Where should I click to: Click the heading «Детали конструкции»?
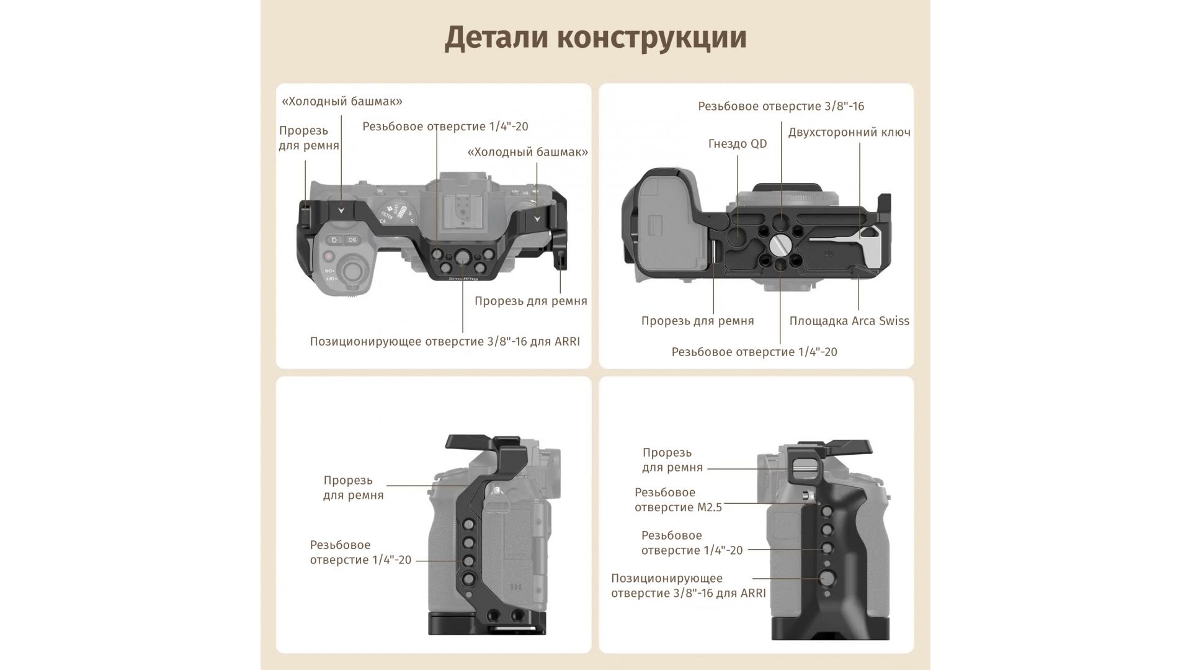pyautogui.click(x=595, y=38)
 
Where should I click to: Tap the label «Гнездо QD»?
pyautogui.click(x=738, y=144)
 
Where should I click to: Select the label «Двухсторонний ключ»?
pyautogui.click(x=849, y=132)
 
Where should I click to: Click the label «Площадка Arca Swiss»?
pyautogui.click(x=849, y=321)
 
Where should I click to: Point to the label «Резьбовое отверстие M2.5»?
pyautogui.click(x=678, y=500)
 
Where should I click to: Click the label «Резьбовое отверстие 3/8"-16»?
pyautogui.click(x=781, y=106)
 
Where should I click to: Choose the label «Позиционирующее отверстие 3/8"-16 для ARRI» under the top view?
pyautogui.click(x=445, y=342)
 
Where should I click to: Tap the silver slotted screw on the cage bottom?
pyautogui.click(x=778, y=243)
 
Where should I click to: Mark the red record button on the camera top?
pyautogui.click(x=329, y=256)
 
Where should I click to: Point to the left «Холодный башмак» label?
pyautogui.click(x=342, y=101)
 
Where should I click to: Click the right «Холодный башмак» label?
pyautogui.click(x=527, y=152)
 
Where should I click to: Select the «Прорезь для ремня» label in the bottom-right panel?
pyautogui.click(x=672, y=460)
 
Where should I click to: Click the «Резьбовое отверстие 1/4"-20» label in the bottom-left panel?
pyautogui.click(x=360, y=553)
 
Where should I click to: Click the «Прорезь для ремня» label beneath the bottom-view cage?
pyautogui.click(x=697, y=321)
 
